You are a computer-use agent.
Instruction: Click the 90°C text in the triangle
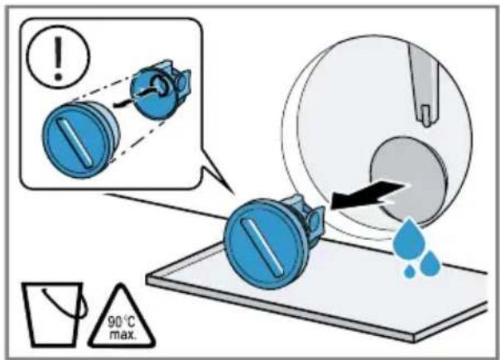121,322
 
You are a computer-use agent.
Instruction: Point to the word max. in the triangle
123,335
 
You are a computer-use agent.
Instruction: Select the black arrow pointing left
367,194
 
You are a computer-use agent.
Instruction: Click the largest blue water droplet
407,238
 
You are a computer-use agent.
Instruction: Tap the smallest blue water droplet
410,272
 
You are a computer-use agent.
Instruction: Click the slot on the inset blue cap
75,142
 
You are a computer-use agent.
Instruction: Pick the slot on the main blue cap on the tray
262,247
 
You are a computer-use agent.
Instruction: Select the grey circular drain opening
409,181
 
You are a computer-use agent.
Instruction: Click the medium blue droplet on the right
430,263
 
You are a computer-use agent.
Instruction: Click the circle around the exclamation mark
58,26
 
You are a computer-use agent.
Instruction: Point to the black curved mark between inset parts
123,103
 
